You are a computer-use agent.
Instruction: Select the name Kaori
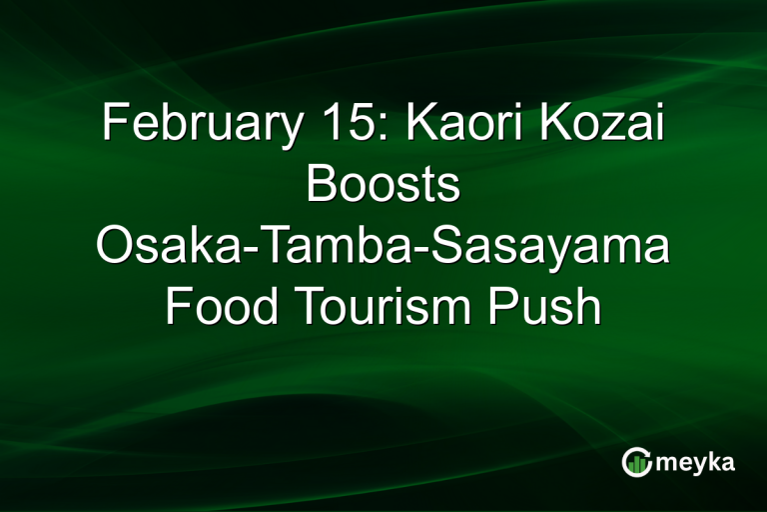point(447,129)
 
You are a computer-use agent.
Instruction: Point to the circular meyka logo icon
point(636,462)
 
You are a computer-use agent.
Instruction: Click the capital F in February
point(113,129)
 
